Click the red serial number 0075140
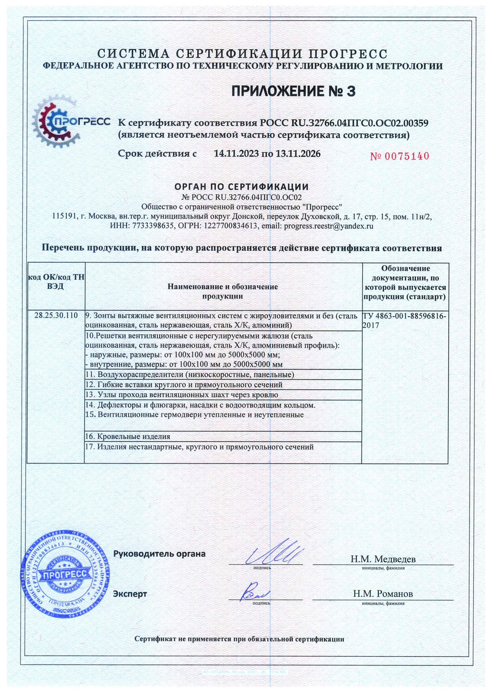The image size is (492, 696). pyautogui.click(x=400, y=156)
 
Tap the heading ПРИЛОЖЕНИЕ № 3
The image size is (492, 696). pyautogui.click(x=293, y=91)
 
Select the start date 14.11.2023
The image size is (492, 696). pyautogui.click(x=236, y=154)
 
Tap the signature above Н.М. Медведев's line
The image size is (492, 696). pyautogui.click(x=274, y=552)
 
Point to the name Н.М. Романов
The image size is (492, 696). pyautogui.click(x=383, y=594)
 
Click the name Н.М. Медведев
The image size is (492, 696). pyautogui.click(x=383, y=559)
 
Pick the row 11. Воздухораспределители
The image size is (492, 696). pyautogui.click(x=190, y=375)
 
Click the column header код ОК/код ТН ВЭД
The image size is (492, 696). pyautogui.click(x=56, y=281)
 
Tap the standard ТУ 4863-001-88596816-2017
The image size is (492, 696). pyautogui.click(x=404, y=321)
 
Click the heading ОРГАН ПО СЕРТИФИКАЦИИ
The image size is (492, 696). pyautogui.click(x=242, y=186)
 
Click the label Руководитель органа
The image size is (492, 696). pyautogui.click(x=160, y=554)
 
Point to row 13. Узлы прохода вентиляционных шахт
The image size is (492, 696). pyautogui.click(x=182, y=395)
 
